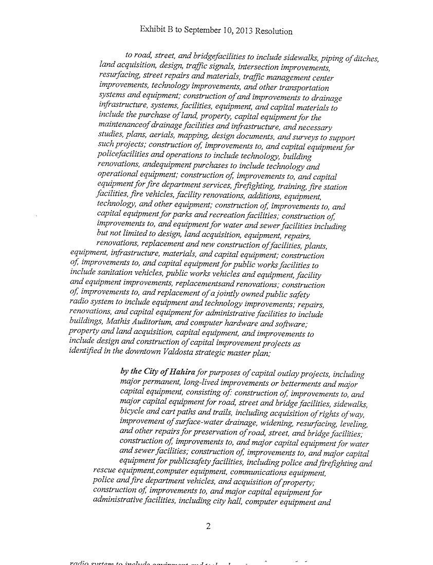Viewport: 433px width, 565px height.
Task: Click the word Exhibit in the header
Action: pos(152,30)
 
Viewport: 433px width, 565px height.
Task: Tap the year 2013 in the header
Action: pos(240,31)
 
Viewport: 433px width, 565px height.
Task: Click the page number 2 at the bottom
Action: pos(209,525)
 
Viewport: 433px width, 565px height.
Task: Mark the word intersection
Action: pos(267,68)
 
